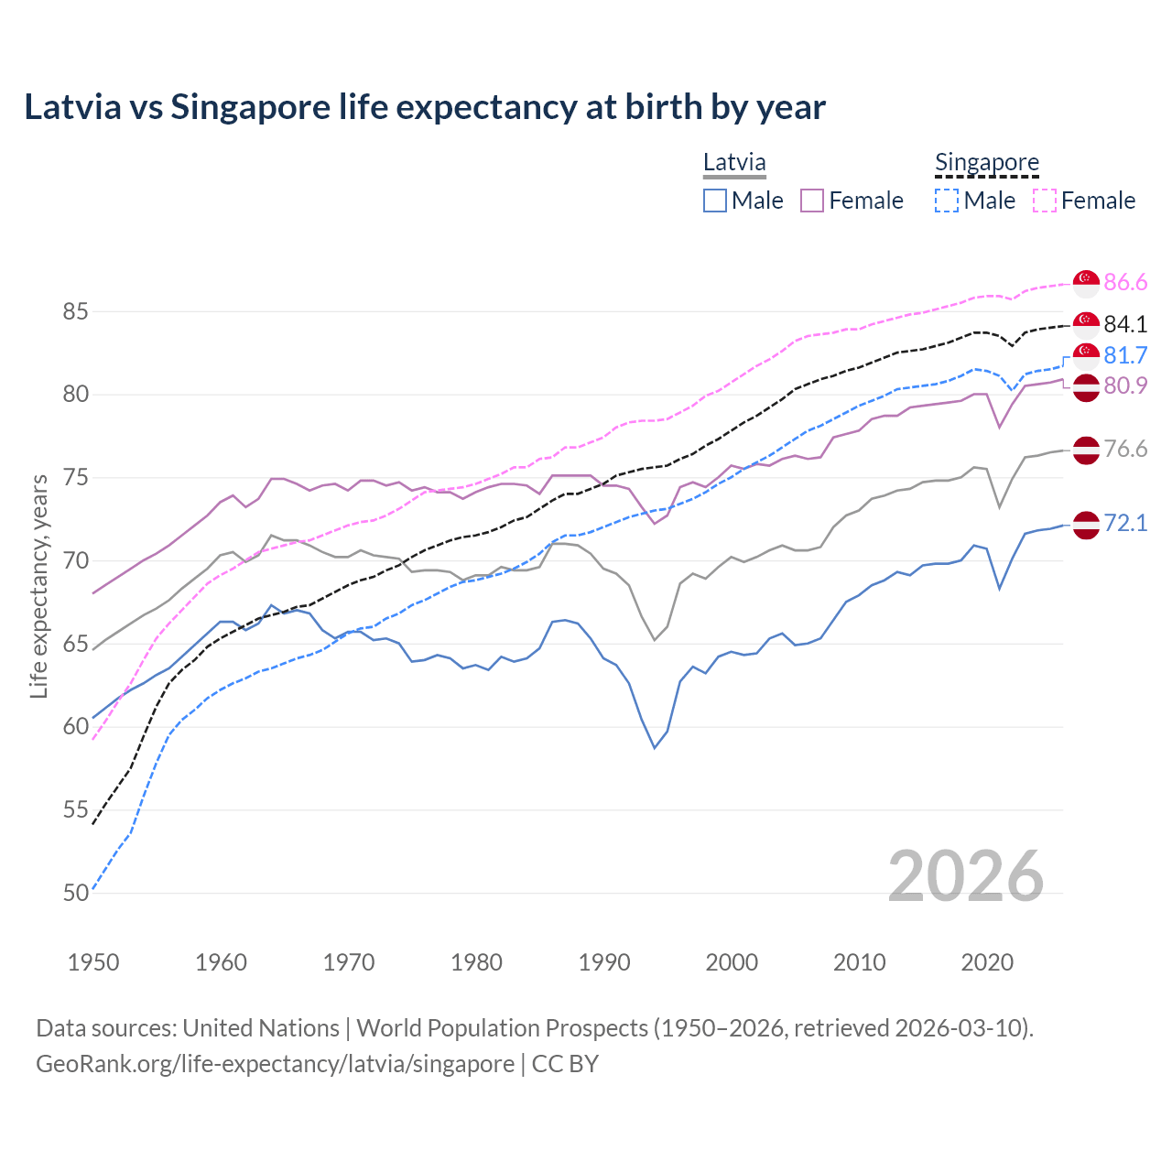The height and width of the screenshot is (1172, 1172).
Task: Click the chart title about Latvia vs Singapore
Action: [425, 107]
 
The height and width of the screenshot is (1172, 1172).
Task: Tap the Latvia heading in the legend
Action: [734, 162]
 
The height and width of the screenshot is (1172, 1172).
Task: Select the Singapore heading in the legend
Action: [987, 162]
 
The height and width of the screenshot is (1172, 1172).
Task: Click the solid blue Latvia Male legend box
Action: [715, 201]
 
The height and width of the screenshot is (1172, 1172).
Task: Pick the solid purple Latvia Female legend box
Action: [812, 201]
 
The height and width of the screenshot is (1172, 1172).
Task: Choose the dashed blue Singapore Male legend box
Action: [947, 201]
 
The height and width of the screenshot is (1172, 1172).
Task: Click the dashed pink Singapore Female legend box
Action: [1045, 201]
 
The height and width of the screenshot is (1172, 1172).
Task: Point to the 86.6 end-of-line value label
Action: [1125, 283]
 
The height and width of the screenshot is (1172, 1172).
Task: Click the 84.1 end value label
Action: [1125, 324]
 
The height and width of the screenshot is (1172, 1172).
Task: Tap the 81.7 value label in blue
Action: [1125, 355]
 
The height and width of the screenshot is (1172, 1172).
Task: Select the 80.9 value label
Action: [1125, 386]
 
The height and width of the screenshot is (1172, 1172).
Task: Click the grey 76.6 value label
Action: [1125, 449]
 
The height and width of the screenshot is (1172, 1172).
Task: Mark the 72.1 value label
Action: [1125, 523]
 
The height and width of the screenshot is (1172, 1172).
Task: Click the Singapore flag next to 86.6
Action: [1086, 283]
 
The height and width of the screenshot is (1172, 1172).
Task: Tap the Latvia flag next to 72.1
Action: [1086, 525]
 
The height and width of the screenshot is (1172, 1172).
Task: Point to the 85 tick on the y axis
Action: [75, 311]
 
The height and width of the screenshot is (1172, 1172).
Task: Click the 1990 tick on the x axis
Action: [604, 962]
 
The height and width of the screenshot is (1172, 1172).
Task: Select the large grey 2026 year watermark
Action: [966, 876]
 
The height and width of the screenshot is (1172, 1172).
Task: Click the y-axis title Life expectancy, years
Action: [39, 586]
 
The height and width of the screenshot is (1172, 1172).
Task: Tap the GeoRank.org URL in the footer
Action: [275, 1064]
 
